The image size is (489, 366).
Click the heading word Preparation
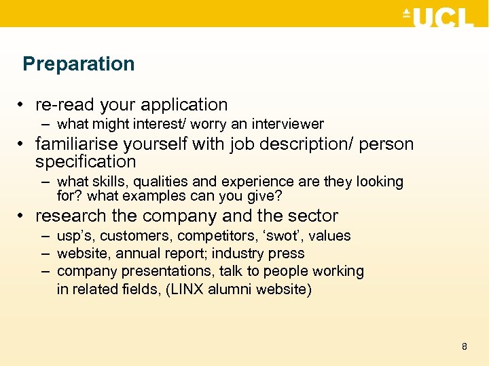coord(79,64)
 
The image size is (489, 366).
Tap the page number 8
coord(465,347)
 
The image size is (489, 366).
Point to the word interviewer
coord(288,124)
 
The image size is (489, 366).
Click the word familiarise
coord(76,144)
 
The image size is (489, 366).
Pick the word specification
coord(86,162)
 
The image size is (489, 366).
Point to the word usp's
coord(76,237)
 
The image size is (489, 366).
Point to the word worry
coord(210,124)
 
